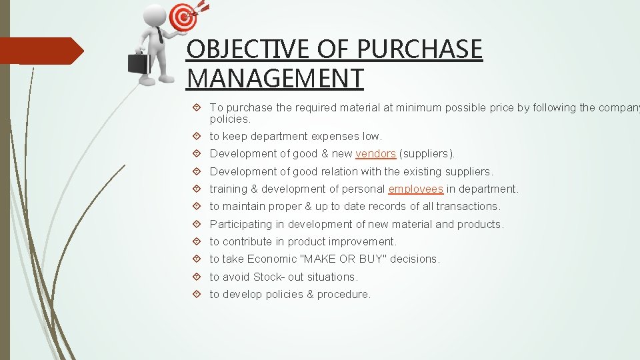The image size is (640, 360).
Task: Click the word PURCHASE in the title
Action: [x=419, y=50]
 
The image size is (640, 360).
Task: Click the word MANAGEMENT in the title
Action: [x=275, y=78]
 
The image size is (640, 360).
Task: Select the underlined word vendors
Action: [x=375, y=154]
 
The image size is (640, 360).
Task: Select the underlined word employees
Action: [x=415, y=189]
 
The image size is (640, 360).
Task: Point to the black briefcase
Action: [x=139, y=63]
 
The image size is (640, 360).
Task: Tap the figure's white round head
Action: [x=155, y=14]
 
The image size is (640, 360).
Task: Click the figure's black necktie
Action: [x=160, y=35]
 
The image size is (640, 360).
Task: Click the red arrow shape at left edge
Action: [x=40, y=51]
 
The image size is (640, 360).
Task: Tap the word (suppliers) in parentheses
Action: [x=427, y=154]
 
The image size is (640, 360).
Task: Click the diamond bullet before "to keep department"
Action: [x=198, y=137]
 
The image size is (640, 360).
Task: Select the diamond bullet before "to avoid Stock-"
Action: [x=198, y=277]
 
